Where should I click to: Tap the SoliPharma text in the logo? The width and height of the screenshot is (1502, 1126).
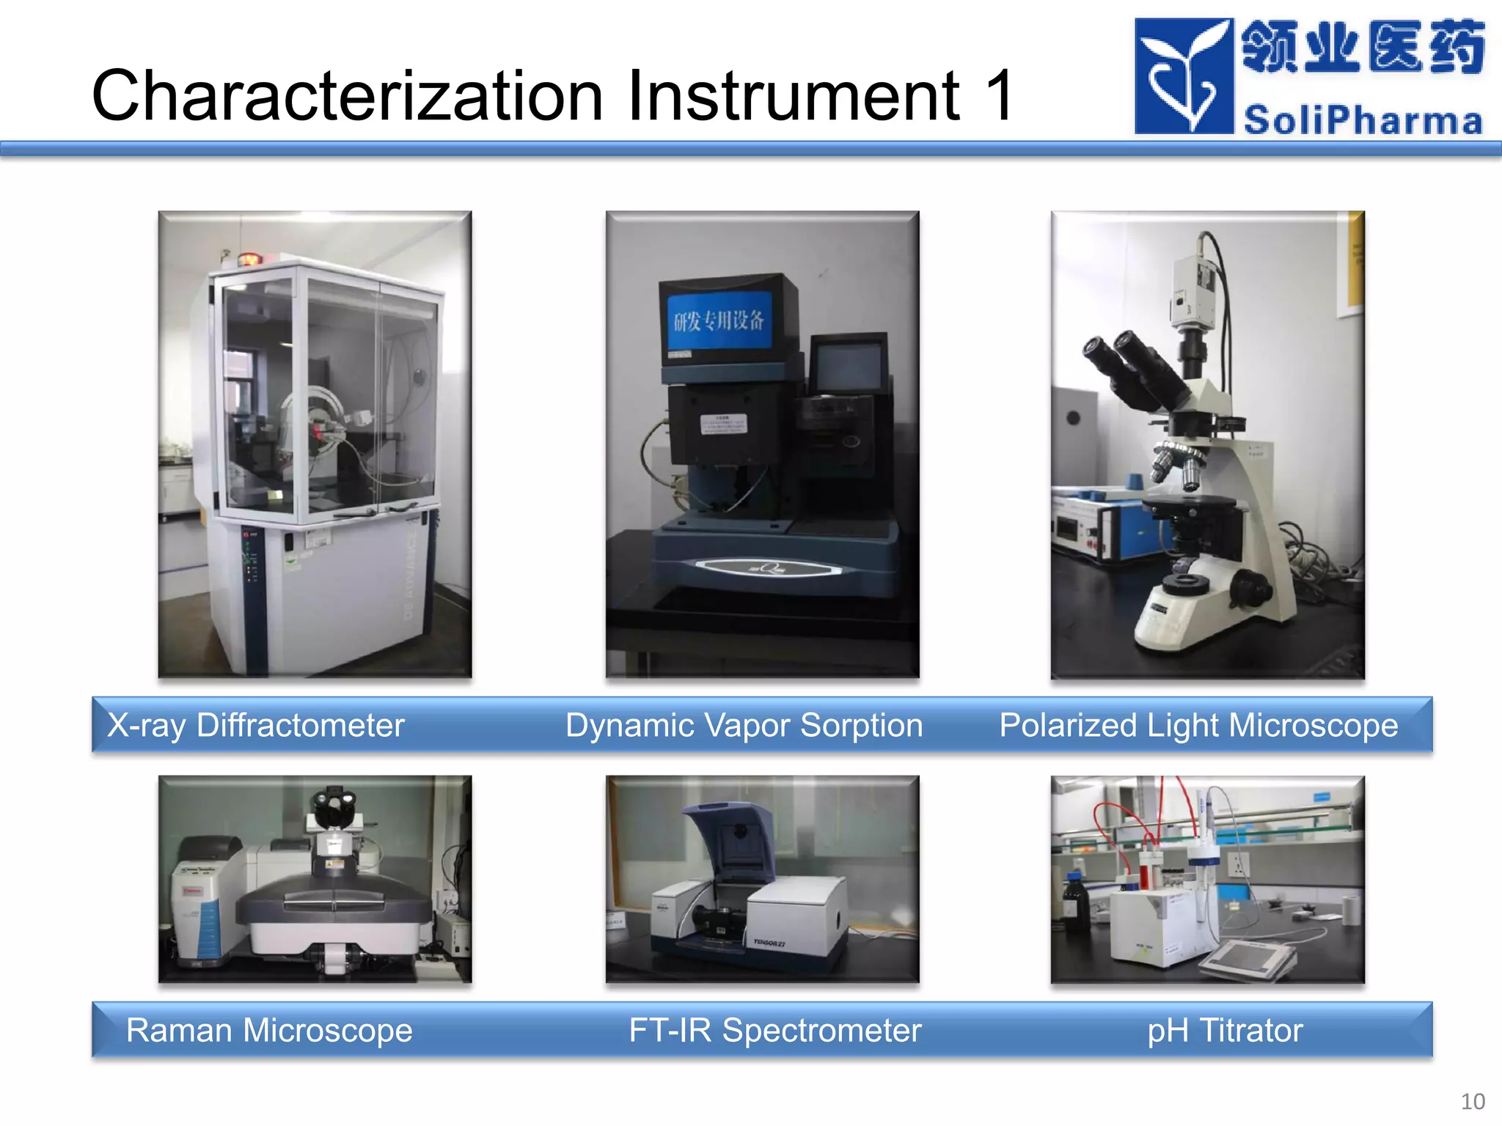point(1363,119)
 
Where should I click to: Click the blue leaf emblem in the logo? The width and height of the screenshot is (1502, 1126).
point(1183,76)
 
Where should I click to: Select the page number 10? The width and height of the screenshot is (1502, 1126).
point(1472,1101)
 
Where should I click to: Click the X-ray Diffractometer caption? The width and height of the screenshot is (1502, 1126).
point(255,725)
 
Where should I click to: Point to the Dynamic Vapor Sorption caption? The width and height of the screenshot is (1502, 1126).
point(744,725)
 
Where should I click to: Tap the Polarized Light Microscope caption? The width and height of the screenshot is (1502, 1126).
point(1198,725)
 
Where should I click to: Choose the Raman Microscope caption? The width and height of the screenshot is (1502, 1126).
point(269,1030)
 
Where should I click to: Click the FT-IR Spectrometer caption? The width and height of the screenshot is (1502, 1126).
point(774,1030)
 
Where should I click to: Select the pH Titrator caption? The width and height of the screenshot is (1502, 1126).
point(1225,1030)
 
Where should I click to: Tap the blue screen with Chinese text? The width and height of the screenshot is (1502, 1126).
point(719,320)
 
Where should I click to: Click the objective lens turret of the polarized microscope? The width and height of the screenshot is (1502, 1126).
point(1177,462)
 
